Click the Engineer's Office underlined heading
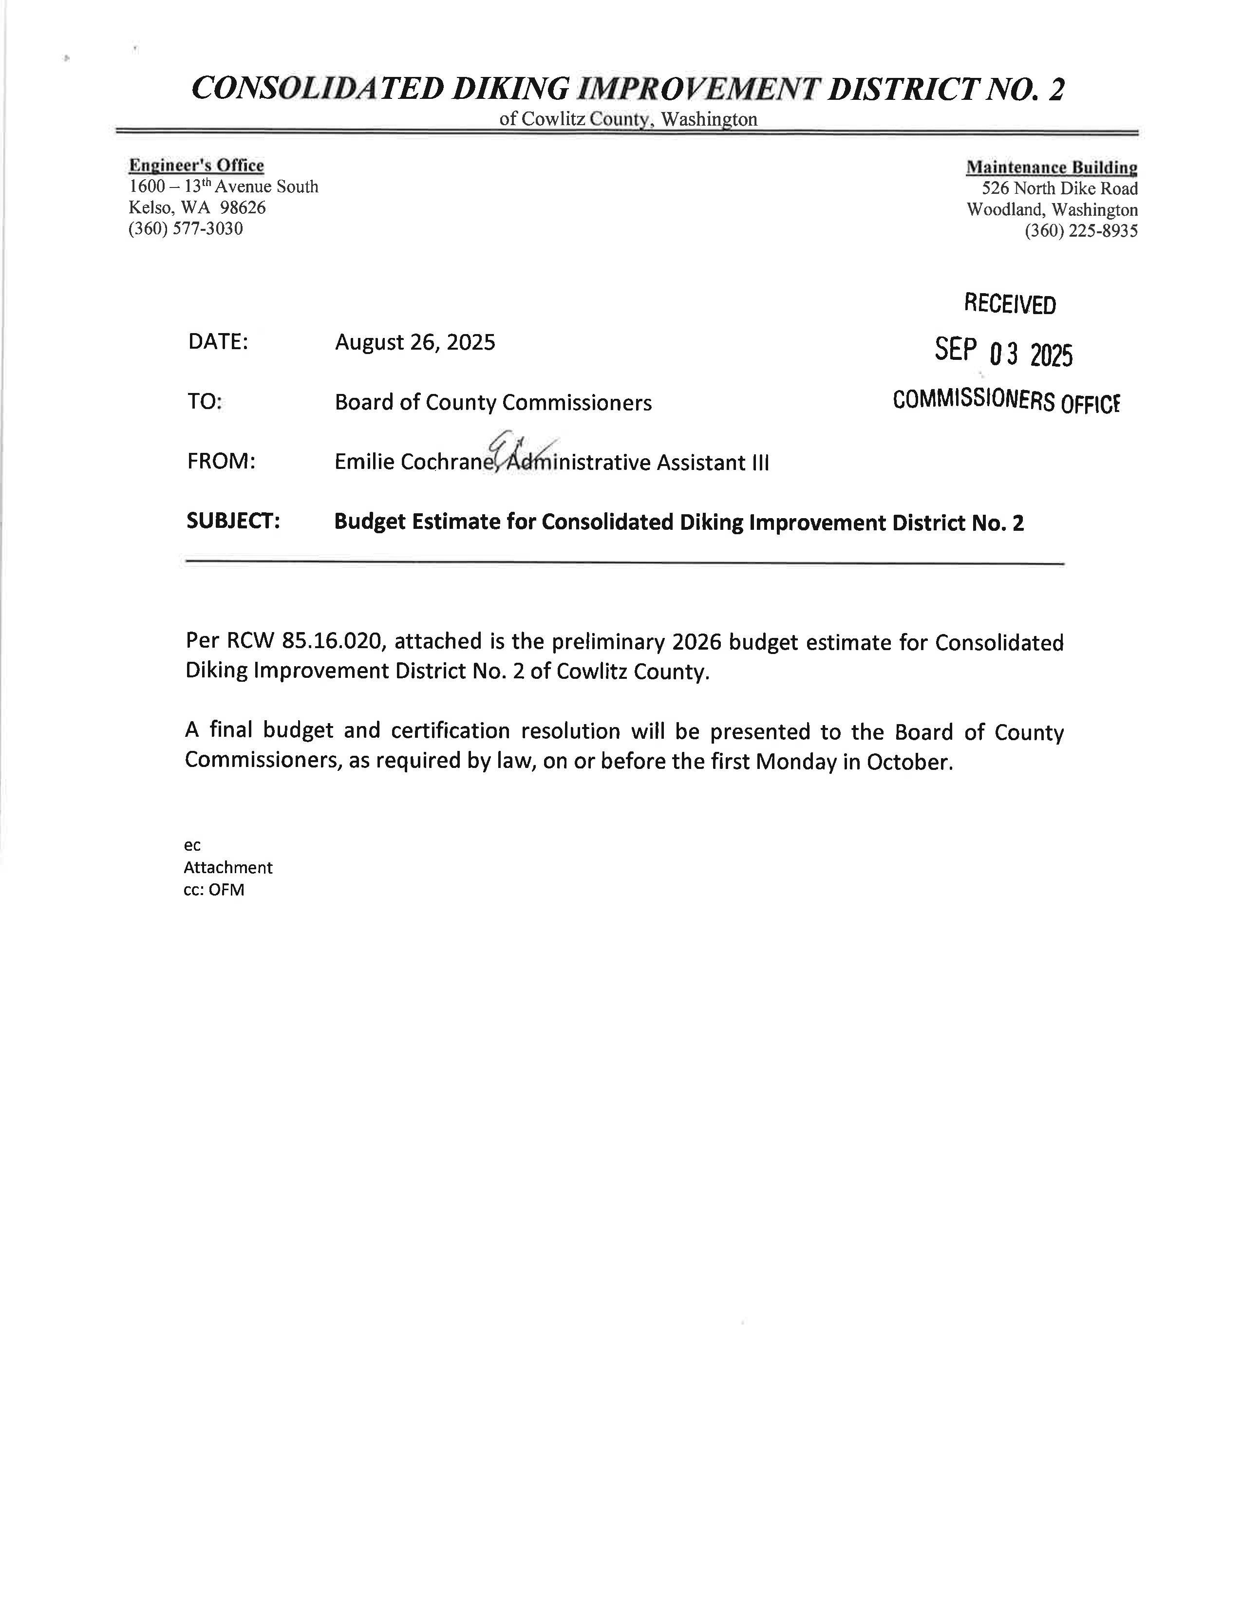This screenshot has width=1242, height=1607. pos(196,166)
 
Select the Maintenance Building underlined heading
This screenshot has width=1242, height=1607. pos(1052,168)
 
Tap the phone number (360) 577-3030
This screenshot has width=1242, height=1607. pos(186,229)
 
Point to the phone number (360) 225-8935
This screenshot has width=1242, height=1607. pos(1081,231)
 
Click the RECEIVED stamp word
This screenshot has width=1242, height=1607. pos(1010,304)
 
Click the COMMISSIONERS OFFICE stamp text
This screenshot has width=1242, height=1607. pos(1006,401)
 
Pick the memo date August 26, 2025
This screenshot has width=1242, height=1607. pos(415,342)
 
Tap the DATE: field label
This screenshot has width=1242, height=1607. pos(218,342)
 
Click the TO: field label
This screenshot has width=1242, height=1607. pos(205,403)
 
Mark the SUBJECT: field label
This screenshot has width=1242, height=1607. pos(233,521)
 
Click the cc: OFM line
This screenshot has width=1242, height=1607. pos(214,890)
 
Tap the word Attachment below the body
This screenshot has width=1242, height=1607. pos(228,867)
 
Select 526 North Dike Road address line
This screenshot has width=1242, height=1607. pos(1059,188)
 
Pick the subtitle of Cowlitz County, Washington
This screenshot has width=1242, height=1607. pos(628,119)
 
